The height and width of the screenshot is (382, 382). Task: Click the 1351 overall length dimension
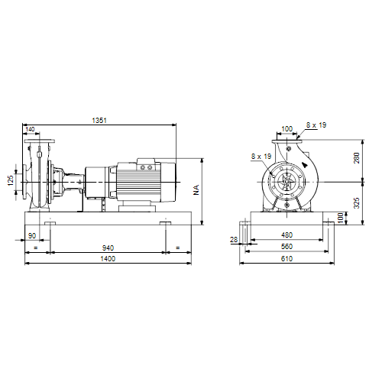click(99, 120)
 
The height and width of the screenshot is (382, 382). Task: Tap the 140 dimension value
click(30, 129)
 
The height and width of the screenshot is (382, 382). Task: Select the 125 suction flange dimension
click(11, 180)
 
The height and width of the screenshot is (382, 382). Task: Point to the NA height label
click(196, 189)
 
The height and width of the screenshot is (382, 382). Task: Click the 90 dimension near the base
click(32, 235)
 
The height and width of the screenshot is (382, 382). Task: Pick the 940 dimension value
click(108, 248)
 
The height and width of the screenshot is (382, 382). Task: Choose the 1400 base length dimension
click(108, 259)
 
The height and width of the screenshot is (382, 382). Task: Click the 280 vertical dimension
click(357, 158)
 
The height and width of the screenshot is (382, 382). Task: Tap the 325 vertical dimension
click(357, 202)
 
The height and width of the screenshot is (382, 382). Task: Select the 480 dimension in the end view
click(286, 235)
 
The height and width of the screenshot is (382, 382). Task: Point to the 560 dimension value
click(286, 247)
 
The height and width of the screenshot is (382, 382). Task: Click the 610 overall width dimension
click(286, 259)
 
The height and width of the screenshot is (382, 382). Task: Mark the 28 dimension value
click(234, 240)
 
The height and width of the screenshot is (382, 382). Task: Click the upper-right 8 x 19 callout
click(316, 125)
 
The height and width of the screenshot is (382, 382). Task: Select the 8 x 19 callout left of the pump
click(261, 156)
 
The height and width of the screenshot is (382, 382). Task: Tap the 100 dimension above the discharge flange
click(287, 129)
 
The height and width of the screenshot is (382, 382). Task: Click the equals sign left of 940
click(36, 248)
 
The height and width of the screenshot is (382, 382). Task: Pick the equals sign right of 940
click(178, 248)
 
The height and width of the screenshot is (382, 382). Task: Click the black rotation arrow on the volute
click(305, 164)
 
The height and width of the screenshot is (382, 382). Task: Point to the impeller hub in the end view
click(287, 182)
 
